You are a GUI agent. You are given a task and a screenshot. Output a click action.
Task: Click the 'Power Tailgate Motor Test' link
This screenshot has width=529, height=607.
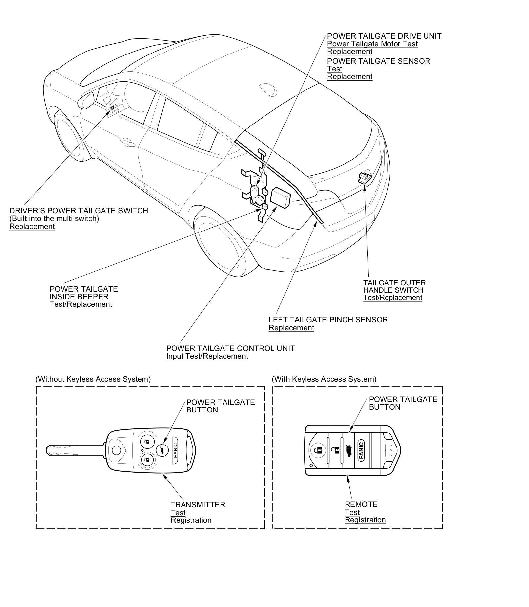(372, 44)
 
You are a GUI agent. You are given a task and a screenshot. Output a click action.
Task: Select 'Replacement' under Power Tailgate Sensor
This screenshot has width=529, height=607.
(349, 77)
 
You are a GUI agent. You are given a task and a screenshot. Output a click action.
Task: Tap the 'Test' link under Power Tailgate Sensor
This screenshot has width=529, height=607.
(334, 69)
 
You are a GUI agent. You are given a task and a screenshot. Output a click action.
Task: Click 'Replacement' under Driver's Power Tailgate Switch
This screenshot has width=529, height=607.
(32, 227)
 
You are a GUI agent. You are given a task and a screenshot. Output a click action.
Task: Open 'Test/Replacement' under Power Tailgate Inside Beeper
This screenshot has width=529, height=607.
(81, 304)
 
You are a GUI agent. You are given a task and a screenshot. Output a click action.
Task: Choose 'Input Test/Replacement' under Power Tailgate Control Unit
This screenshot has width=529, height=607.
(207, 356)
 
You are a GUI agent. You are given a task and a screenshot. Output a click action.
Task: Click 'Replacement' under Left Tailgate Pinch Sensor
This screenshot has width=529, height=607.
(291, 328)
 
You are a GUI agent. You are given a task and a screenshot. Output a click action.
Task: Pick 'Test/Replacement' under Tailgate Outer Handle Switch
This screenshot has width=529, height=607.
(392, 298)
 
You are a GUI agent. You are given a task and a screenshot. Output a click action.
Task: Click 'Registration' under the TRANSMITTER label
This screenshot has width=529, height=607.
(191, 520)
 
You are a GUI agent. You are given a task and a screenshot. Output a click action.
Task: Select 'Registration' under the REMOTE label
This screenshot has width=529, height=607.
(365, 520)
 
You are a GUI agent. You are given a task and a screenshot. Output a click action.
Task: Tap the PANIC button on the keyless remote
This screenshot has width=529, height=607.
(361, 450)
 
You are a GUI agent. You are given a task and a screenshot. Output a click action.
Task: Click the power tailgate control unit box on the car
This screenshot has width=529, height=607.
(280, 197)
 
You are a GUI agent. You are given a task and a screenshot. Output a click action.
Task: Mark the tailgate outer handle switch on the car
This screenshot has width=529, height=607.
(364, 178)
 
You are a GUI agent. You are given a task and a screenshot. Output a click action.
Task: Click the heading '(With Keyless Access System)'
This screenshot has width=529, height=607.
(324, 379)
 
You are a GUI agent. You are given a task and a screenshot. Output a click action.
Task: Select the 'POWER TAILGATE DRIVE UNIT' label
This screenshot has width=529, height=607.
(384, 36)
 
